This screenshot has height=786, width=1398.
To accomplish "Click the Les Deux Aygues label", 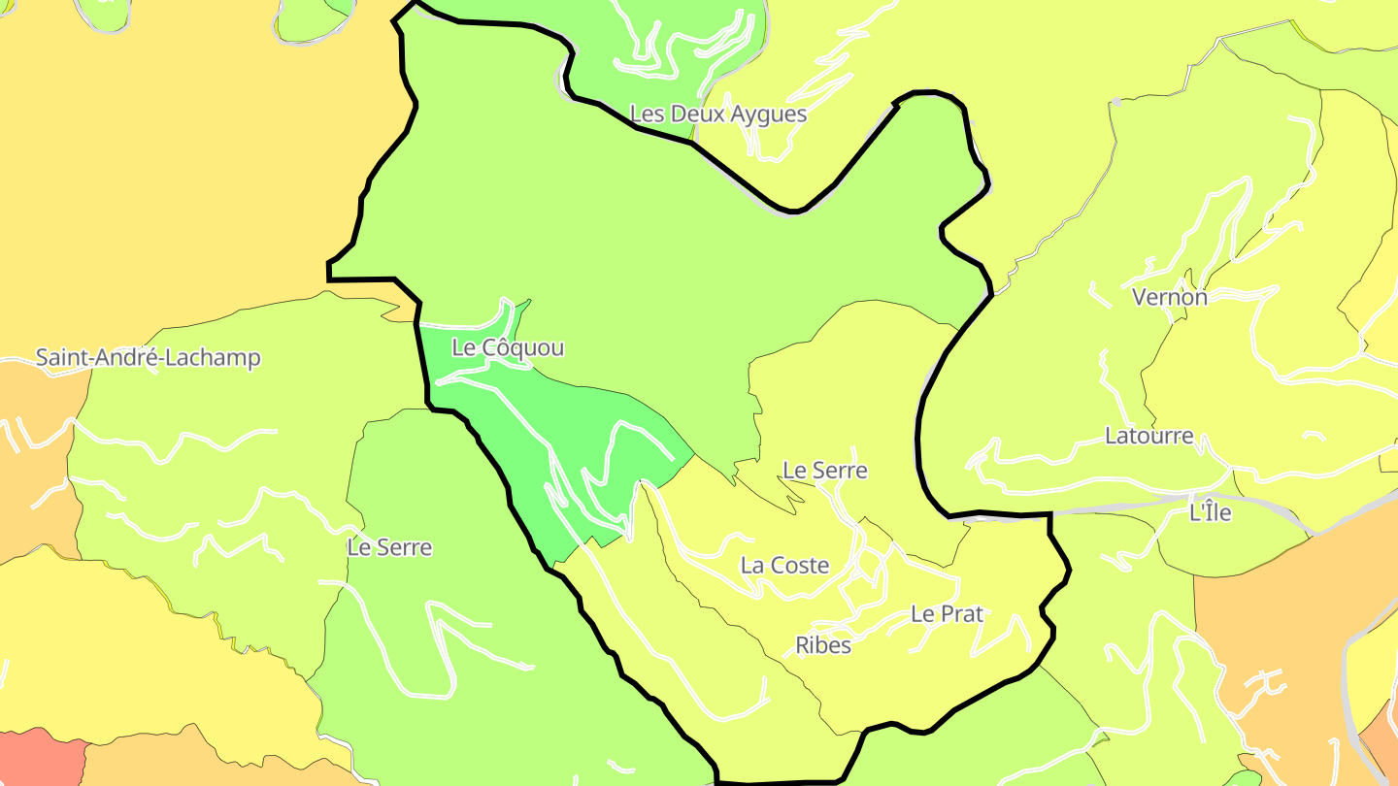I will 718,115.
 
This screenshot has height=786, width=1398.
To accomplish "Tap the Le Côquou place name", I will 508,347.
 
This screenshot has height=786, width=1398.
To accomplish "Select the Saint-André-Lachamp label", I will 149,357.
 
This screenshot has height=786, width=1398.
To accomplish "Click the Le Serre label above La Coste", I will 825,471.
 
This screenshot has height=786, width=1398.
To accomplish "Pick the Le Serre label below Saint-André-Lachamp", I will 389,547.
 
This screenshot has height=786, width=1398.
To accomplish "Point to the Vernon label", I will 1170,297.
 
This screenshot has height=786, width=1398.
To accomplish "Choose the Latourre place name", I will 1149,436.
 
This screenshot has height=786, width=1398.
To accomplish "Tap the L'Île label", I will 1210,512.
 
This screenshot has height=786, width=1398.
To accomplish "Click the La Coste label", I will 784,565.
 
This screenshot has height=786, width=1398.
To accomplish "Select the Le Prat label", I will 947,614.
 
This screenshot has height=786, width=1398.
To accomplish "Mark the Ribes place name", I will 823,645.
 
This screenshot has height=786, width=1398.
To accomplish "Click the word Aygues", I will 770,115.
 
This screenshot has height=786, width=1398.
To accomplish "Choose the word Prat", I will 961,614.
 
